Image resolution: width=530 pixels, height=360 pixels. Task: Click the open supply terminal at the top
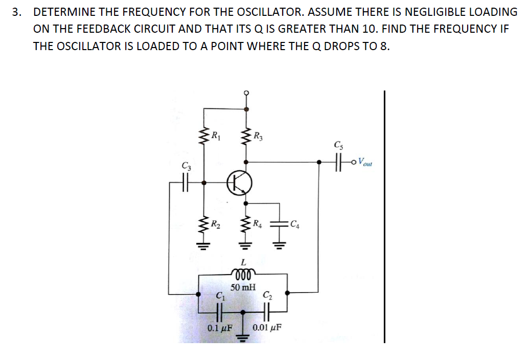(x=246, y=93)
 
